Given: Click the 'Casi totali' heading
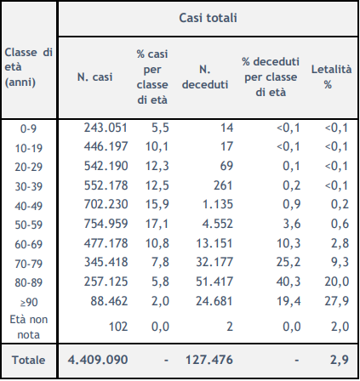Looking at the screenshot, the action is pos(208,18).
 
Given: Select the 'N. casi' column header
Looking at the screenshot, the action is pos(94,77).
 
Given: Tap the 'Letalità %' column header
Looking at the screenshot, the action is pos(331,77).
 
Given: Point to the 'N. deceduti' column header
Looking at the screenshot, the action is pos(205,77).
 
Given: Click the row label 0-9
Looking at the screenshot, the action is pos(28,129).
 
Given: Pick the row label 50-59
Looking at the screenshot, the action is pos(28,225).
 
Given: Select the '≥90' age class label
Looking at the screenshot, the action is pos(29,303).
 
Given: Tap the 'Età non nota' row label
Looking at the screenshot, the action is pos(29,327).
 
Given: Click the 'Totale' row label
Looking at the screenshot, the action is pos(28,360).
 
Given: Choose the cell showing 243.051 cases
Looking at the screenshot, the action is pos(106,128).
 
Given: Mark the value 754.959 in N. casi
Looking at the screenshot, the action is pos(106,224).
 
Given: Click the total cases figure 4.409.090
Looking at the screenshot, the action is pos(98,360).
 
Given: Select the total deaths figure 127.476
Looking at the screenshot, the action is pos(209,360).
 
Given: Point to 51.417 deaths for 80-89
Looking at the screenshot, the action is pos(214,281).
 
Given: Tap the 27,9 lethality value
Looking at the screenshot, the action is pos(337,301).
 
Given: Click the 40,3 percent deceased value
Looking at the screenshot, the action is pos(289,281).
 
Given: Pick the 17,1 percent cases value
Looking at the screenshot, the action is pos(157,224).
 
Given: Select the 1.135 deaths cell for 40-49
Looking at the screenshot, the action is pos(218,204).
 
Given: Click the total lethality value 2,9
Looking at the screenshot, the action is pos(340,360).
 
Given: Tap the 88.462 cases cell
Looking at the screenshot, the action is pos(109,301).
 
